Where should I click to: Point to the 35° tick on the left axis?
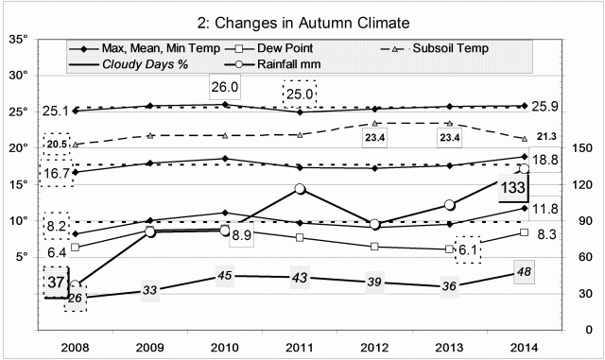(19, 40)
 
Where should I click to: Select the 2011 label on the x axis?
(300, 346)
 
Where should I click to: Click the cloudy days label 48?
(526, 272)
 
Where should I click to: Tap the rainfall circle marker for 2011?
(301, 189)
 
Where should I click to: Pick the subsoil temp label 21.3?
(547, 138)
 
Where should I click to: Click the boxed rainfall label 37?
(56, 283)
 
